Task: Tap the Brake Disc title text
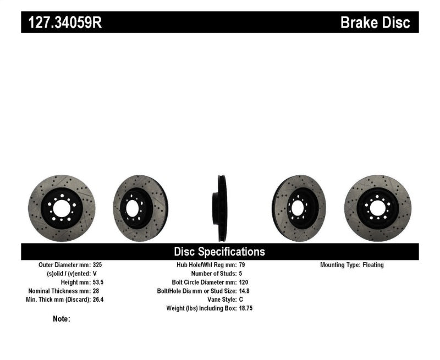click(376, 23)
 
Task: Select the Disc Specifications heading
click(219, 252)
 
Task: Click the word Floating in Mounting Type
click(373, 265)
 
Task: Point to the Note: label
click(62, 319)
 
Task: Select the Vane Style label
click(218, 300)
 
